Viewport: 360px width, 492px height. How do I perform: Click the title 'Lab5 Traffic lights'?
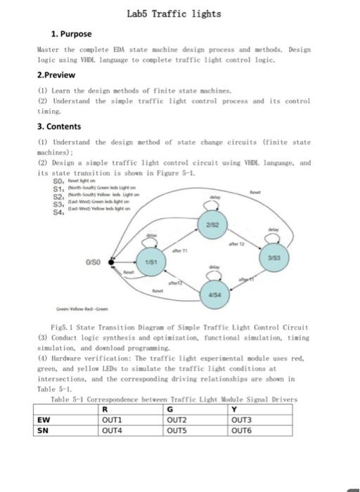[x=174, y=13]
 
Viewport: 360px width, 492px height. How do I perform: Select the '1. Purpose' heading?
[x=71, y=33]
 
